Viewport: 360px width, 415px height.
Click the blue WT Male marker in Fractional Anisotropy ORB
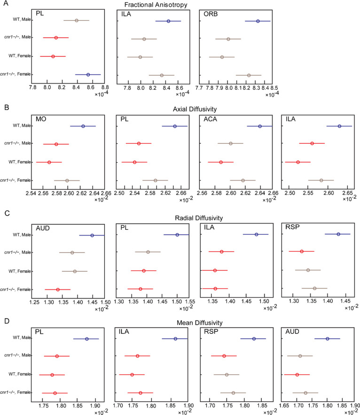[x=258, y=21]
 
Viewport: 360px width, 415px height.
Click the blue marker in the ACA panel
[x=260, y=126]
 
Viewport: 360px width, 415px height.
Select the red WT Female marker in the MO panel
[x=49, y=162]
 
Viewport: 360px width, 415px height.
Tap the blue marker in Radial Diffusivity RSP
[x=338, y=234]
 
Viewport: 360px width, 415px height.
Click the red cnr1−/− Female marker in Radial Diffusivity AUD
[x=58, y=290]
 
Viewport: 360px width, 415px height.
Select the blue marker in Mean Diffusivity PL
[x=86, y=339]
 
